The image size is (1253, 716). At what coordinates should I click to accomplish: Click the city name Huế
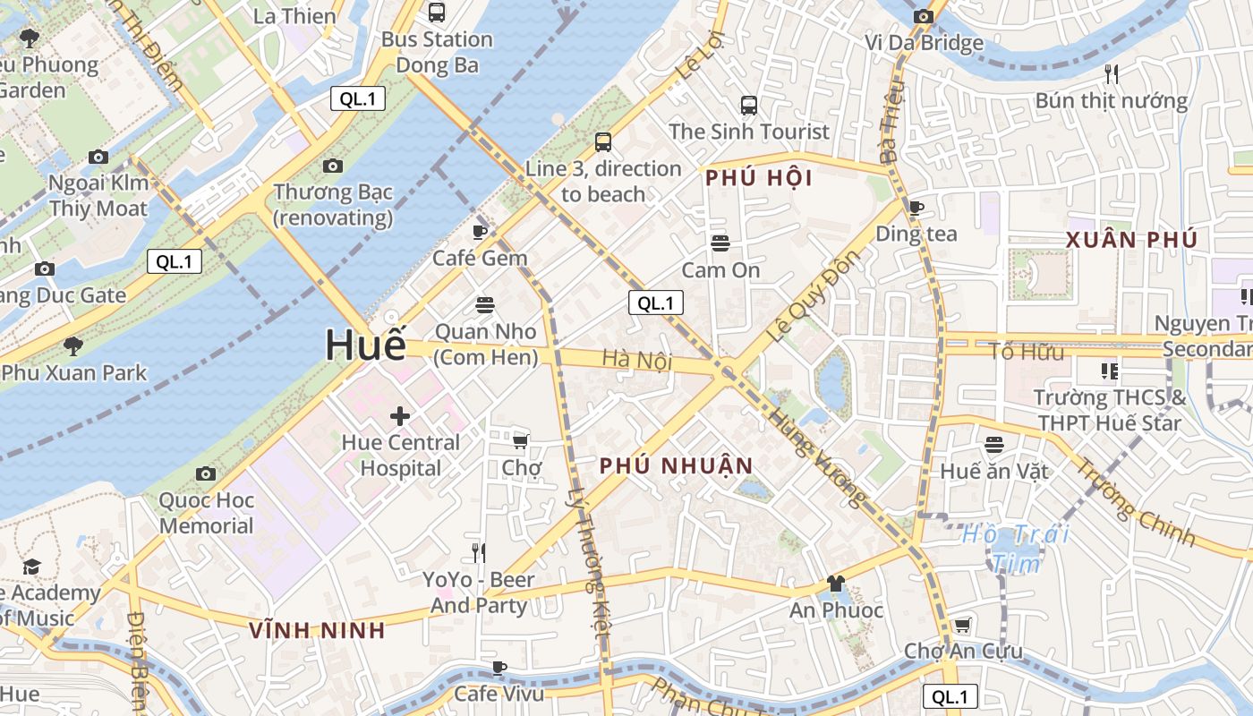click(365, 345)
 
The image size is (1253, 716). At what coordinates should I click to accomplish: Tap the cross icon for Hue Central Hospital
click(400, 415)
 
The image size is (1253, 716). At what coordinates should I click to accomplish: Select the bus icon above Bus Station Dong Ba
click(437, 13)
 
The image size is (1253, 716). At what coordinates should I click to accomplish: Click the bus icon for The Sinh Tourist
click(749, 105)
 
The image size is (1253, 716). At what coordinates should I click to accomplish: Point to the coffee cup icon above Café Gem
click(480, 232)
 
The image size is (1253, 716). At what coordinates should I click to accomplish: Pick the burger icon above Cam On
click(720, 243)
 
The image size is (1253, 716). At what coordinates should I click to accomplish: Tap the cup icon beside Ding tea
click(916, 208)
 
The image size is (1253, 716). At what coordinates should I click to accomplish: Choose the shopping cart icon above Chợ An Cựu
click(963, 625)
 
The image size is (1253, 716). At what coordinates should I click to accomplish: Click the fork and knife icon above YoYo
click(480, 553)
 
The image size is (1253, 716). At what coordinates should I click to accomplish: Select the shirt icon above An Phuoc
click(836, 584)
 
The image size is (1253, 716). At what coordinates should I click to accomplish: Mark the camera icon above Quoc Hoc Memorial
click(206, 473)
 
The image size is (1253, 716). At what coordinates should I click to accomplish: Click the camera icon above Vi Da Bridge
click(924, 16)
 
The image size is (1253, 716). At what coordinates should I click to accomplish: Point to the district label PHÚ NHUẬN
click(677, 465)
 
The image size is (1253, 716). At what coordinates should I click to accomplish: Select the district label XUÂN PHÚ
click(1131, 240)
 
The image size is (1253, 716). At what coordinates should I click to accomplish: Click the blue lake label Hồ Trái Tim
click(1016, 549)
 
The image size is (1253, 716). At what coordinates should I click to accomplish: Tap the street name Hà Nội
click(636, 359)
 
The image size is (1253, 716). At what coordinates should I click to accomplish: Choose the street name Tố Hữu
click(1027, 351)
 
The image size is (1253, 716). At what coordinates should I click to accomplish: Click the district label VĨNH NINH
click(317, 630)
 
